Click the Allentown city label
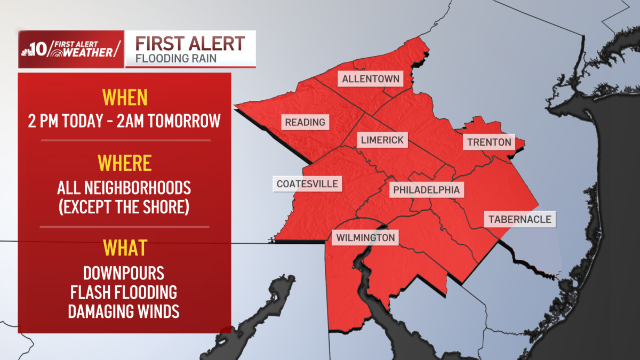pos(371,79)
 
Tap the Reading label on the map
pos(305,122)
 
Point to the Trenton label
pos(489,142)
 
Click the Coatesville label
pos(307,184)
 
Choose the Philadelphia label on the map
pos(426,189)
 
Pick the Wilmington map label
pos(365,237)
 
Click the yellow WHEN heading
pos(124,98)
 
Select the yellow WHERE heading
pos(124,162)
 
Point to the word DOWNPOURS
pos(124,274)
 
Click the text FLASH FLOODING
pos(124,292)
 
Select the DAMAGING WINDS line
pos(124,311)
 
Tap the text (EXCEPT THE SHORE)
pos(124,206)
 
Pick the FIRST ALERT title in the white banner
pos(190,43)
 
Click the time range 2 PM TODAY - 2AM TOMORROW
pos(124,121)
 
